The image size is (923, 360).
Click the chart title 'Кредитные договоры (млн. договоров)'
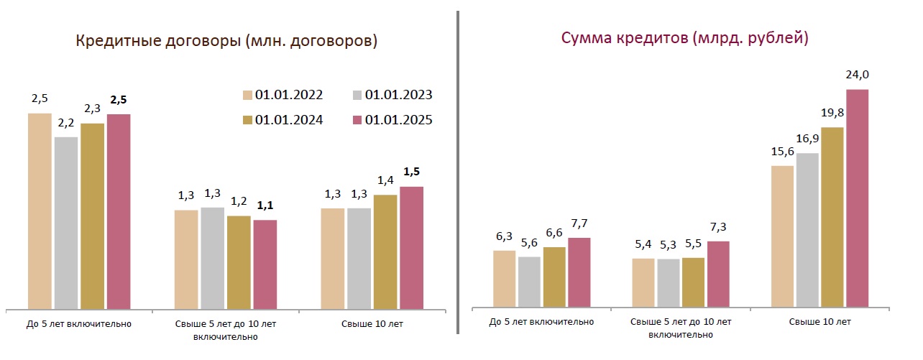point(226,41)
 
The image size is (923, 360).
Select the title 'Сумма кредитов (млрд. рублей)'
point(685,38)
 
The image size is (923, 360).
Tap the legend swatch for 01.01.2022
point(248,95)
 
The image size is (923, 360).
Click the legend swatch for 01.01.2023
point(358,95)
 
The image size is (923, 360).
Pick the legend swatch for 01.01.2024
point(248,120)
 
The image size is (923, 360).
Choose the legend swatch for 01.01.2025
point(358,120)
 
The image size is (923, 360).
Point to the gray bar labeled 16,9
point(807,230)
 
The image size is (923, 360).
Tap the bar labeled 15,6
point(782,236)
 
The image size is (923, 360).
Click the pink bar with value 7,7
point(579,272)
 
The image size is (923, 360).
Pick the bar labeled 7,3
point(718,274)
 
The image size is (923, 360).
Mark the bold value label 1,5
point(412,172)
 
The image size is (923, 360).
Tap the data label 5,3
point(669,244)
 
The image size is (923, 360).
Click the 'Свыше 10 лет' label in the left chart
point(372,324)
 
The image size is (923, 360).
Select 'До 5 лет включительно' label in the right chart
point(541,321)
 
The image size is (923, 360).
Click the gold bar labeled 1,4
point(385,251)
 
